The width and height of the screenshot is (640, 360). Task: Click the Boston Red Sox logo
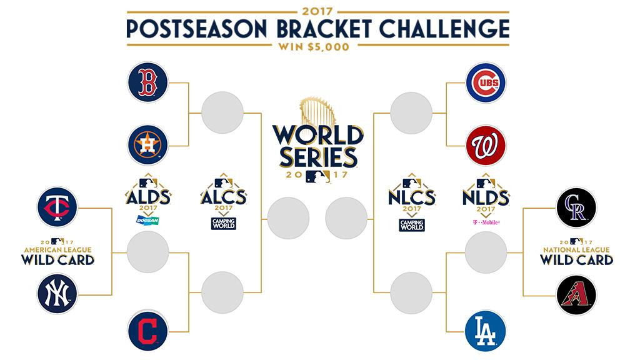147,82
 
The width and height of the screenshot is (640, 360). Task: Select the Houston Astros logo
147,145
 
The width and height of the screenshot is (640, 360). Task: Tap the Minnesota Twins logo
57,207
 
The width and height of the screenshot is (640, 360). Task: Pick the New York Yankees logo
57,294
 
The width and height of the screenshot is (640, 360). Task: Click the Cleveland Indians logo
147,331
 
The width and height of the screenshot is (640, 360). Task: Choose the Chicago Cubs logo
486,82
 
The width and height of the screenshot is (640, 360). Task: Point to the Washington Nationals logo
486,146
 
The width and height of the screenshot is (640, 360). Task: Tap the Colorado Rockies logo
576,207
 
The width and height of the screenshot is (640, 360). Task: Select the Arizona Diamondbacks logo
576,295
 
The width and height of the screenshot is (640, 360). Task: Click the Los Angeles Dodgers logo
486,331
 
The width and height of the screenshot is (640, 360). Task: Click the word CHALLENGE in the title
444,29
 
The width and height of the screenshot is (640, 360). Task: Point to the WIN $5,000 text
314,47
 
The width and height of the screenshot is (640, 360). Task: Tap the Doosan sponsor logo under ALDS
147,221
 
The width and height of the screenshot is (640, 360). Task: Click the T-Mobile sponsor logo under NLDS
486,222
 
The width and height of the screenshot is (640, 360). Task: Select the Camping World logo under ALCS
224,224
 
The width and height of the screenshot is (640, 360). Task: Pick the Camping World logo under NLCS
412,225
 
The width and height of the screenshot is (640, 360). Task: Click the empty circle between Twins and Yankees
147,252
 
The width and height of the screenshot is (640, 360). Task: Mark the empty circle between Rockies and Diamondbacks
486,252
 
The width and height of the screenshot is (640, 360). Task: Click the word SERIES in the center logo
318,157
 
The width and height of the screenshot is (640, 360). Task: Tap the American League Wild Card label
57,252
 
